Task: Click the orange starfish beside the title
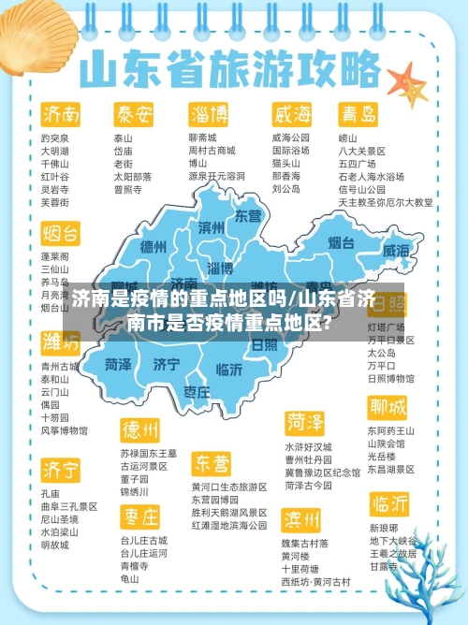coord(407,81)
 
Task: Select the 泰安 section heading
coord(134,115)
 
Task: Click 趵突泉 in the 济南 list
coord(54,138)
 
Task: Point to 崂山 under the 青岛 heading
coord(348,138)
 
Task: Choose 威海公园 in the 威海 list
coord(291,138)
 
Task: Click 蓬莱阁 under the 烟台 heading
coord(54,255)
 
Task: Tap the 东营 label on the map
coord(248,216)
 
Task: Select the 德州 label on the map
coord(153,247)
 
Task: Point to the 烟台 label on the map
coord(341,243)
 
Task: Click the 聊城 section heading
coord(388,408)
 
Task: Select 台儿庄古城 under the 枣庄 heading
coord(143,541)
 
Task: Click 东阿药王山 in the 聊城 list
coord(391,430)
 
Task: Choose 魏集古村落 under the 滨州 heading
coord(305,543)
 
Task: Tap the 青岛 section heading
coord(358,115)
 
